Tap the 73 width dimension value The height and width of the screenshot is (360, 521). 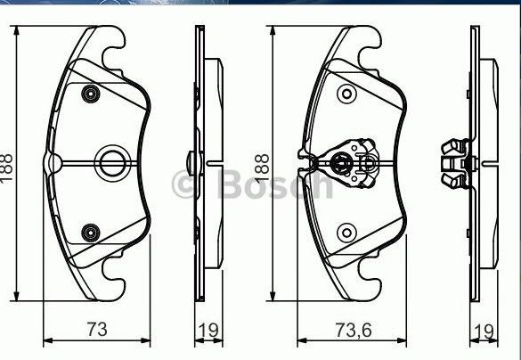(x=98, y=329)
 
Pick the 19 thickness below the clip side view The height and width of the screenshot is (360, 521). (x=484, y=330)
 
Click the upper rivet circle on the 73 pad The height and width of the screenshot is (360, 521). (x=89, y=94)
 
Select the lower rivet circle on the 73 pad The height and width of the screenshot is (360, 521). (x=89, y=233)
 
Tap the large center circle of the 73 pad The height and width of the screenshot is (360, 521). (x=111, y=161)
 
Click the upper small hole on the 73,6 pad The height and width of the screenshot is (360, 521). (x=346, y=94)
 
